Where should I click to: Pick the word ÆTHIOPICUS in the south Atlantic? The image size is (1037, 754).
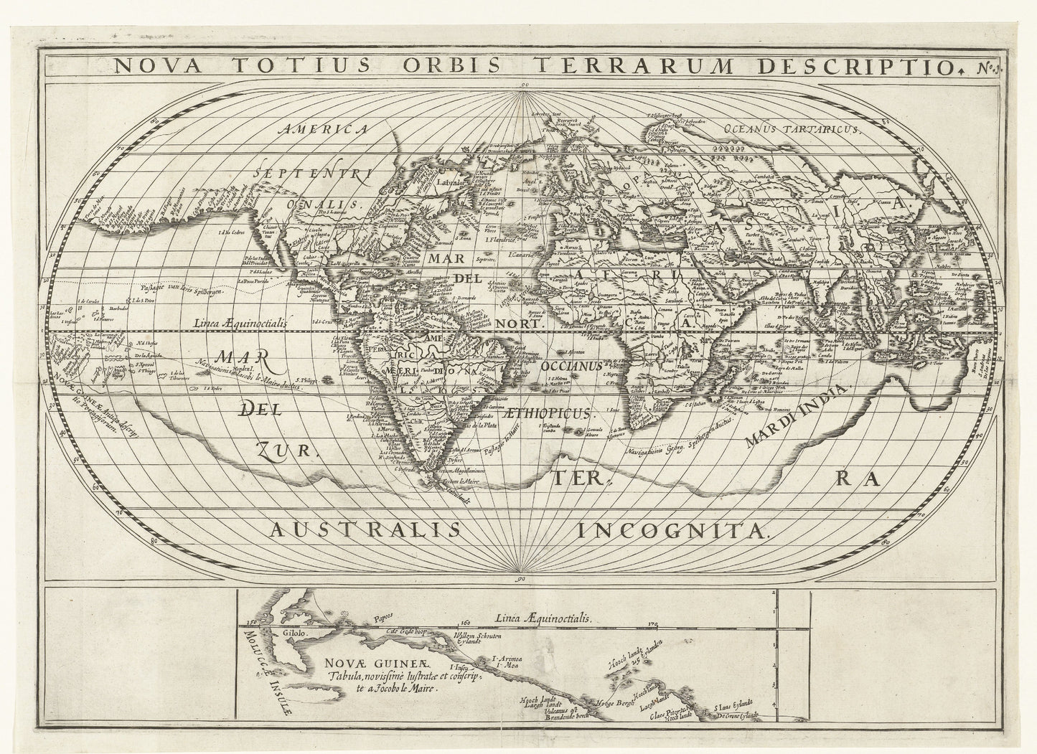(x=555, y=414)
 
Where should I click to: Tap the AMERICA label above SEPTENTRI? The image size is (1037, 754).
(x=324, y=130)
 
